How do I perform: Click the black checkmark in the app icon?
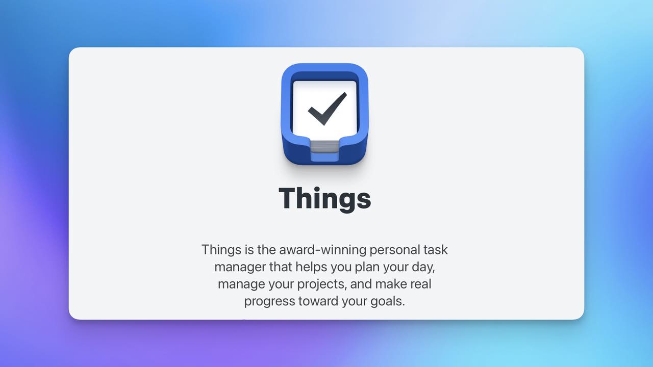pyautogui.click(x=326, y=109)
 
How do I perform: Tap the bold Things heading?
pyautogui.click(x=325, y=198)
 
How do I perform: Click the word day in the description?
pyautogui.click(x=423, y=267)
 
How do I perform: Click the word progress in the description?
pyautogui.click(x=269, y=301)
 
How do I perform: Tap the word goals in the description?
pyautogui.click(x=387, y=301)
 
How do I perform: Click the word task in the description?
pyautogui.click(x=436, y=250)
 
